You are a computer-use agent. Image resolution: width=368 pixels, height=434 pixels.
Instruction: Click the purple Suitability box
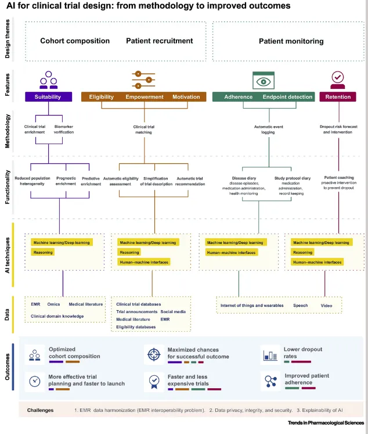coord(48,96)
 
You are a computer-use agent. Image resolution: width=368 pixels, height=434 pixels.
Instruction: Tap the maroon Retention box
coord(338,96)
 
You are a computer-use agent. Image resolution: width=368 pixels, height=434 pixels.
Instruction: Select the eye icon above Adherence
coord(264,81)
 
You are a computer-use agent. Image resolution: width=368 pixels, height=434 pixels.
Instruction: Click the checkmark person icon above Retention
coord(338,80)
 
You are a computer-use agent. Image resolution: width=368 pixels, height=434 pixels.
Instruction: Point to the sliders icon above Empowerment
coord(143,80)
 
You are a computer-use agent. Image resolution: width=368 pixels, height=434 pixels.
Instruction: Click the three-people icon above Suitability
coord(48,80)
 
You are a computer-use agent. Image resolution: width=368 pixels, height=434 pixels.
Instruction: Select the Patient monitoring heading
coord(291,41)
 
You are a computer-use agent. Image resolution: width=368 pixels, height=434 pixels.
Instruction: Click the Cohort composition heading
coord(75,41)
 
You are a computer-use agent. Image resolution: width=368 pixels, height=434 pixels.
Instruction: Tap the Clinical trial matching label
coord(144,130)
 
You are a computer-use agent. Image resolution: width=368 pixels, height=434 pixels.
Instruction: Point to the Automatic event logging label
coord(269,130)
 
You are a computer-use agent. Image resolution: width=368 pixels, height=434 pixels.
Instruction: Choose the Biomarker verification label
coord(64,129)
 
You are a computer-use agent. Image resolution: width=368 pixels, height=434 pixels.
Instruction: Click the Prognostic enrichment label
coord(66,181)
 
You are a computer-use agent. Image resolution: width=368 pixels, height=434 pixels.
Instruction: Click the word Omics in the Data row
coord(53,304)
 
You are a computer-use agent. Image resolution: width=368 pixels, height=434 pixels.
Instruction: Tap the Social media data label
coord(173,311)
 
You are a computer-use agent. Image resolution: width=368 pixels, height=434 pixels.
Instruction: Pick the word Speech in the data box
coord(301,306)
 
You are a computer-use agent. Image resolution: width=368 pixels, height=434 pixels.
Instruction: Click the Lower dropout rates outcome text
coord(303,353)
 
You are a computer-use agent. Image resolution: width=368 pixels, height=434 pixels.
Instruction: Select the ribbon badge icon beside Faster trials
coord(154,382)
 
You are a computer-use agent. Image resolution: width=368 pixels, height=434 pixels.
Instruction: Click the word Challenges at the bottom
coord(41,410)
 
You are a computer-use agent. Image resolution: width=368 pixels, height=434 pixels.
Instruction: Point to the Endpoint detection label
coord(287,97)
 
